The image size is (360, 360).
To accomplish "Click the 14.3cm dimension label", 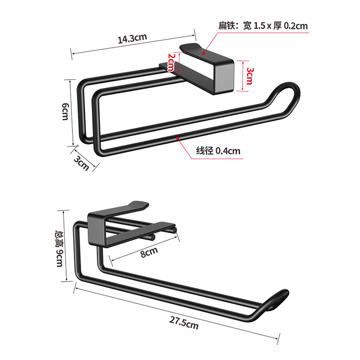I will coord(133,39).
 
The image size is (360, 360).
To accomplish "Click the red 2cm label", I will coord(171,62).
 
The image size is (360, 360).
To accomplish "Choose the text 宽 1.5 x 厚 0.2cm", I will coord(275,26).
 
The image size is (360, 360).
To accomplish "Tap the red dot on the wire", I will coord(178,138).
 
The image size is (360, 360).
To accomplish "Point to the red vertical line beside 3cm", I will coord(242,75).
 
